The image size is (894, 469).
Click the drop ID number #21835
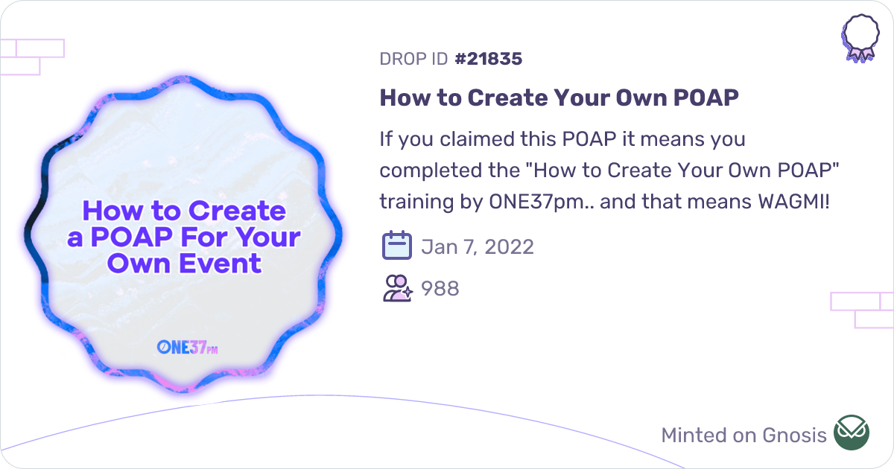point(488,59)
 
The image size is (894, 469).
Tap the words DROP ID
point(413,59)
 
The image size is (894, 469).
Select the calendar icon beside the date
point(396,246)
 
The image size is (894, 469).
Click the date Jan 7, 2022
point(478,246)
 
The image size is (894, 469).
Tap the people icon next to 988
point(396,288)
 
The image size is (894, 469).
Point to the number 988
point(440,288)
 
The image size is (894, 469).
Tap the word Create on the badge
point(238,211)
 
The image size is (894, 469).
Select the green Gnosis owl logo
point(851,433)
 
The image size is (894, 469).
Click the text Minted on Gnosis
point(744,435)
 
